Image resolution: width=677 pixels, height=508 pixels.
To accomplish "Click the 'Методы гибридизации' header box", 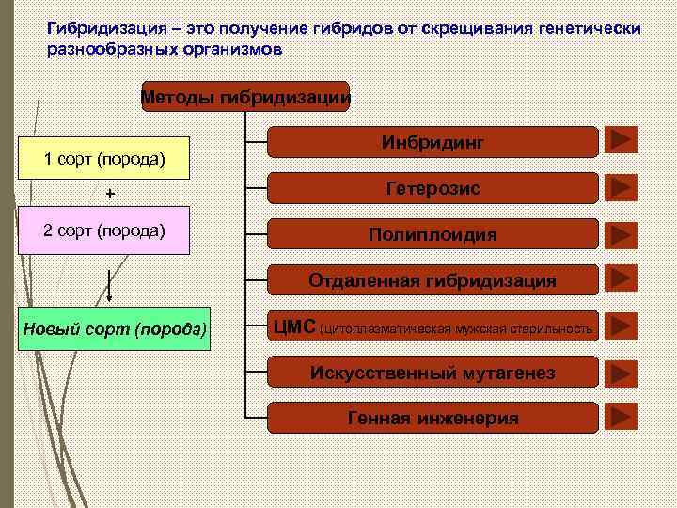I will click(x=245, y=96).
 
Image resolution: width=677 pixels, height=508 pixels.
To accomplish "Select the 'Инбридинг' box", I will click(x=433, y=142).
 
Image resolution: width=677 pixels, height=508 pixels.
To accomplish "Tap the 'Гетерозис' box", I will click(x=433, y=188).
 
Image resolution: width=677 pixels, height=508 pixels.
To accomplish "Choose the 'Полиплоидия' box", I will click(x=433, y=234).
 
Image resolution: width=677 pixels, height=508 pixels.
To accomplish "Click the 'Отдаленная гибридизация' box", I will click(x=433, y=280).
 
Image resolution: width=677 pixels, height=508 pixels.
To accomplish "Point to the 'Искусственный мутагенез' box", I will click(x=433, y=373).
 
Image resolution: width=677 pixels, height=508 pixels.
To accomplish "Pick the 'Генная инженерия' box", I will click(x=433, y=418).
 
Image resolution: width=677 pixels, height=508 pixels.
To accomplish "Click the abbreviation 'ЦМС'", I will click(x=294, y=327).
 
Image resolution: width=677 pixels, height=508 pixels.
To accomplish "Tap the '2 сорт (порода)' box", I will click(x=104, y=231).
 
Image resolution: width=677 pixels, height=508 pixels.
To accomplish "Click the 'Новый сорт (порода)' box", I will click(x=115, y=329).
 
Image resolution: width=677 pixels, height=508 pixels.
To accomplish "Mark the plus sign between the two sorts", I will click(x=110, y=194).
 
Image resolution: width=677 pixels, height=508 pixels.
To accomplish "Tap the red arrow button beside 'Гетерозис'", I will click(x=621, y=187).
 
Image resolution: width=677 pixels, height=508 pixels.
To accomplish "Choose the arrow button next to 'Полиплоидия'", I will click(x=621, y=233).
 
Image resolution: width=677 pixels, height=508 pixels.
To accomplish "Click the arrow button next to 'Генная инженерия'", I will click(x=621, y=417).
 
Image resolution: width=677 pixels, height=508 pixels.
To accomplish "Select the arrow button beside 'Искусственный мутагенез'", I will click(x=621, y=372).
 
